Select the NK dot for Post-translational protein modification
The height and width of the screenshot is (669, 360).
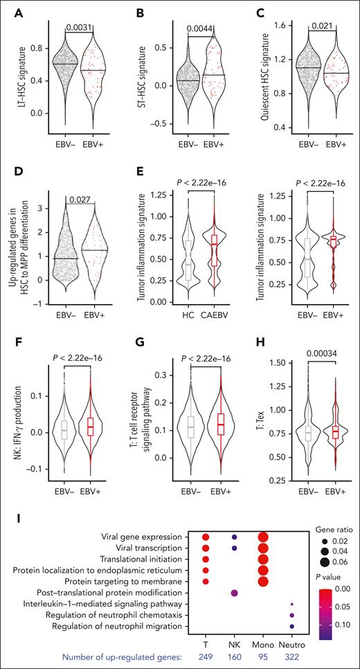click(x=235, y=592)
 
